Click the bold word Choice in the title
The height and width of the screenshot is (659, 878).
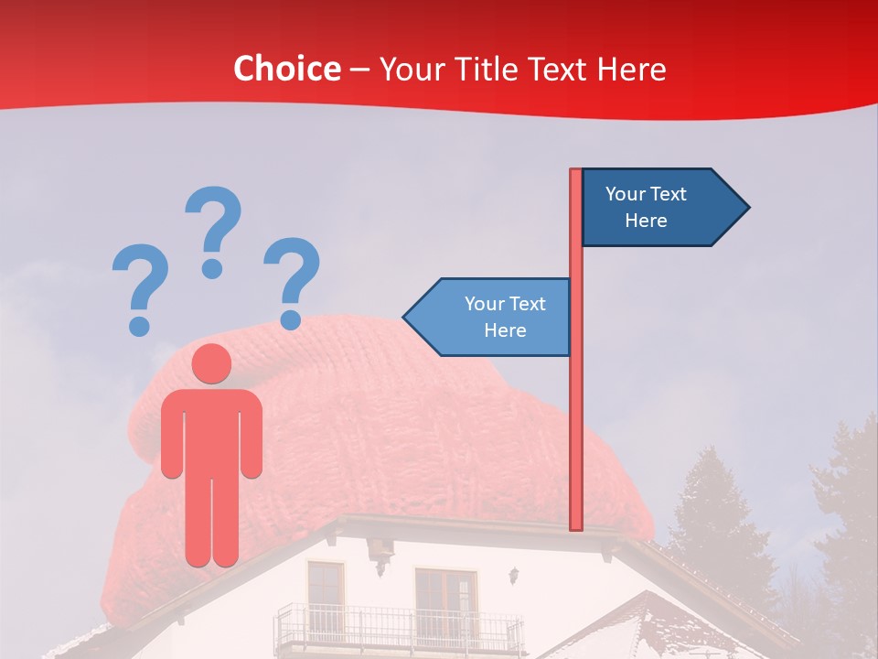286,69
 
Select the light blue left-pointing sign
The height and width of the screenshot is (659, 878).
489,317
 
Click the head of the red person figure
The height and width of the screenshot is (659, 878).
211,363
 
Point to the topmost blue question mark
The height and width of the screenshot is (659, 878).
213,230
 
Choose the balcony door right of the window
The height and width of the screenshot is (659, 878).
445,596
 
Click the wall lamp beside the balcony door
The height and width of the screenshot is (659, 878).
515,576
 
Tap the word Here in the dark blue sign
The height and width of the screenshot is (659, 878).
646,221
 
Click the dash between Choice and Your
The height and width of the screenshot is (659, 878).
359,69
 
